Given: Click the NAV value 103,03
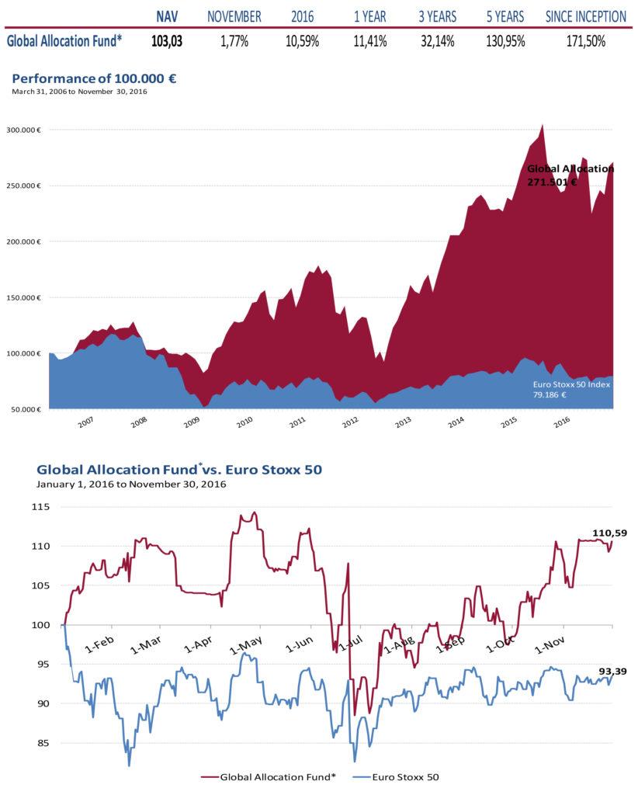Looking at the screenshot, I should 167,41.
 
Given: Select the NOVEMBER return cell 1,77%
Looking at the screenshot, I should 233,41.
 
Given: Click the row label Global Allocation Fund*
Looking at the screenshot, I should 64,41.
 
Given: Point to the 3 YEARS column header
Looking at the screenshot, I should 437,16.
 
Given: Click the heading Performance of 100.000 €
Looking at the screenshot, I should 94,79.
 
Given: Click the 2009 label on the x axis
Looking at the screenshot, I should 191,424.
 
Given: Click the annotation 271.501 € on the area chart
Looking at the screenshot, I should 552,182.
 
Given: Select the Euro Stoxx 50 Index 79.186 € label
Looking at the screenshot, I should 572,389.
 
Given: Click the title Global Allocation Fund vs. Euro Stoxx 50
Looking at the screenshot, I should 179,470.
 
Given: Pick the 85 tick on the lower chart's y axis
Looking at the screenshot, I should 43,743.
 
